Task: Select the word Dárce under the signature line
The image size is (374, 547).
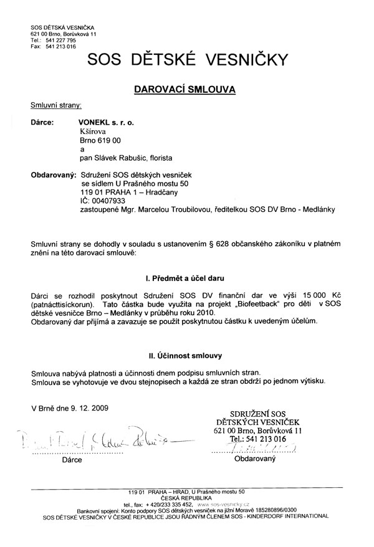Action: tap(72, 462)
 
